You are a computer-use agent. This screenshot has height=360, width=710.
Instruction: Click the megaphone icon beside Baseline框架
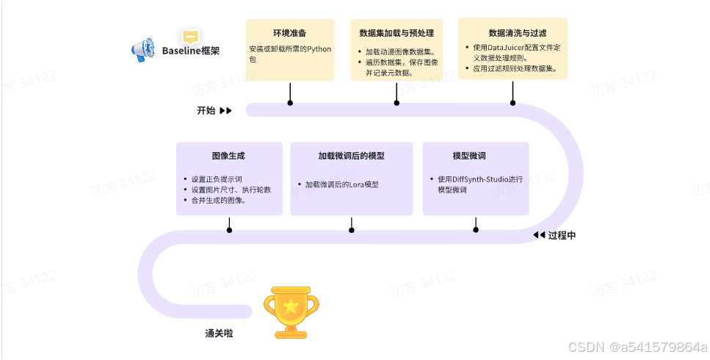click(143, 50)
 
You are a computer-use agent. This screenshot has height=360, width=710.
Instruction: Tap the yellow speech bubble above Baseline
click(191, 37)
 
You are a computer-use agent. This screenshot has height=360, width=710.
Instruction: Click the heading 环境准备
click(290, 33)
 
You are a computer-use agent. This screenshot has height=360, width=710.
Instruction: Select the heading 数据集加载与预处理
click(396, 33)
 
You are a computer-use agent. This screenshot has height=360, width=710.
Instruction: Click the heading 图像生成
click(228, 156)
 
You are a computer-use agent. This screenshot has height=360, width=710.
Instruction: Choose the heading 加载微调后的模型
click(352, 156)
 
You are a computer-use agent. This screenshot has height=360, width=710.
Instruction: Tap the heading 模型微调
click(469, 156)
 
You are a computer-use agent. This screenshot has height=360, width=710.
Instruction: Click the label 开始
click(206, 110)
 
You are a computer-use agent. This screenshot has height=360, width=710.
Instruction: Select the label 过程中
click(562, 236)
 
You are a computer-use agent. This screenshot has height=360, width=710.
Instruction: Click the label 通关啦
click(219, 334)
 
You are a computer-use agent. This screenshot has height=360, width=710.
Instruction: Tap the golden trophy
click(291, 312)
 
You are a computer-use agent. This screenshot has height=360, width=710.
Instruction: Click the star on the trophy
click(291, 306)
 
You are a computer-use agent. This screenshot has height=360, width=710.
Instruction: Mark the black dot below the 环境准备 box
click(290, 103)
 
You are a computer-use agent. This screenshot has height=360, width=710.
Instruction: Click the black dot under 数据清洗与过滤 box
click(512, 103)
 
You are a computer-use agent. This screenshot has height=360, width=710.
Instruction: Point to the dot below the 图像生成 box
click(229, 230)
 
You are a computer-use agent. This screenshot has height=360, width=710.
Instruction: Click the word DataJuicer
click(505, 48)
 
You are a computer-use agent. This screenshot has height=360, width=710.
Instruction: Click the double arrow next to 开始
click(226, 110)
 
